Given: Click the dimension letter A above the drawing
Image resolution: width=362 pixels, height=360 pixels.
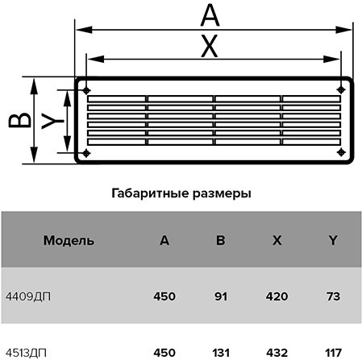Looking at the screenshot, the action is coord(210,16).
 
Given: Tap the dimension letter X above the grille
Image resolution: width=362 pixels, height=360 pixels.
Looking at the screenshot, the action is coord(210,47).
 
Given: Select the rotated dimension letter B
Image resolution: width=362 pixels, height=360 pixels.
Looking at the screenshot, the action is coord(19,120).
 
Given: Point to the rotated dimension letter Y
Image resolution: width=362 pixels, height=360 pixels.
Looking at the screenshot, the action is coord(52,121).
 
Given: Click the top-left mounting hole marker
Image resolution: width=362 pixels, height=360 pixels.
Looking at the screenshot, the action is coord(86,91).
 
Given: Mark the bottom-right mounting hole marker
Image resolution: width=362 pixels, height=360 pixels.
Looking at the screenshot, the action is coord(341,152).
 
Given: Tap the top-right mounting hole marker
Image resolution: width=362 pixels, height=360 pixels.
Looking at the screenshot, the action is coord(341,89).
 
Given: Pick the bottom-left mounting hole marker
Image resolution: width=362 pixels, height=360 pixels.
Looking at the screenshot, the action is coord(86,153).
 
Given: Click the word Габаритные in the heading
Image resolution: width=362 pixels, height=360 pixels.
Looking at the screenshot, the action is coord(150,193).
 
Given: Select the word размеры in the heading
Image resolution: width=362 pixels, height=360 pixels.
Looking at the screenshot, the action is coord(222,194).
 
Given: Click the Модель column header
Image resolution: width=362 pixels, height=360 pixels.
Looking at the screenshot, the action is coord(69,241).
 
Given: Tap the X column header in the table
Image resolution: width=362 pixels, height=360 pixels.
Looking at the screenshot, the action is coord(277,240).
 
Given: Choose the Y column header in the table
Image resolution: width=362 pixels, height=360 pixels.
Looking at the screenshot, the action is coord(333,240).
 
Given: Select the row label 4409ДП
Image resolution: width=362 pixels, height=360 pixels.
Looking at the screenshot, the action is coord(28,297).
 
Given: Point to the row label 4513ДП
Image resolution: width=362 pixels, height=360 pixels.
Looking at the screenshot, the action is coord(26,353).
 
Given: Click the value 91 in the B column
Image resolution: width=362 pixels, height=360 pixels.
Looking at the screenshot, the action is coord(221,296).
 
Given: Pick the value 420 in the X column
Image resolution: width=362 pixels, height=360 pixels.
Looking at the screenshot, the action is coord(277,296).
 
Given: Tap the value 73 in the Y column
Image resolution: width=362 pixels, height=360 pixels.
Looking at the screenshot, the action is coord(333,296).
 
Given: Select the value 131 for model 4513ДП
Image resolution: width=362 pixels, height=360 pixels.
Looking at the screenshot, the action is coord(221,353).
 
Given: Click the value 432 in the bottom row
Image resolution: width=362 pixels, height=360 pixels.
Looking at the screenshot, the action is coord(277,353).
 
